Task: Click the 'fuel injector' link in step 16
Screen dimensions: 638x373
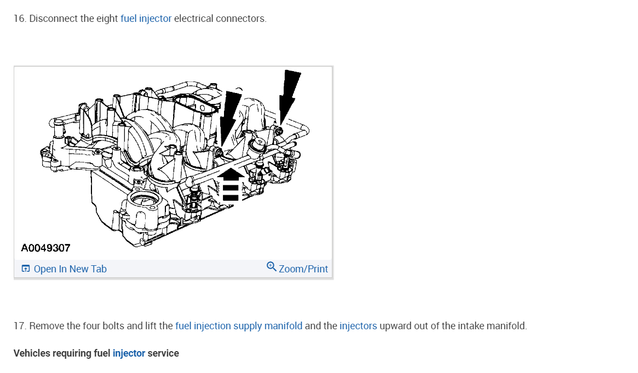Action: [146, 19]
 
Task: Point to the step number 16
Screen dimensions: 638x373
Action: [20, 19]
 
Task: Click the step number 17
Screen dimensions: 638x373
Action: [20, 326]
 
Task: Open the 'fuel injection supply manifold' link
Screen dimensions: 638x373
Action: [239, 326]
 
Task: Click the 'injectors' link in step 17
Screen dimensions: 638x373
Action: [358, 326]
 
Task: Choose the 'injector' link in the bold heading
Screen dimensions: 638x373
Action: [129, 353]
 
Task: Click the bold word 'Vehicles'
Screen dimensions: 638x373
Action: [32, 353]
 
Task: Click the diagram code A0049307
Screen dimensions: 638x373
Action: [46, 248]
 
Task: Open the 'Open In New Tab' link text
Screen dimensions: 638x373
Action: [70, 269]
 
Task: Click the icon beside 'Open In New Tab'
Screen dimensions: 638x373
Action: [26, 269]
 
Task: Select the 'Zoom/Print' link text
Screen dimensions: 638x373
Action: [303, 269]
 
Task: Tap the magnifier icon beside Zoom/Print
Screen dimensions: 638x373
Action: [271, 267]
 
